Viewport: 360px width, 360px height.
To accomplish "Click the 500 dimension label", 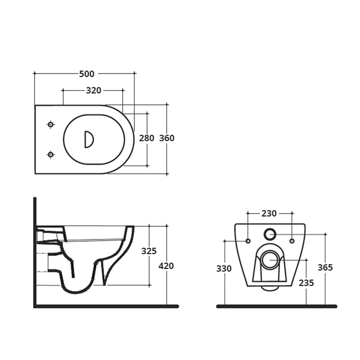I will click(87, 74).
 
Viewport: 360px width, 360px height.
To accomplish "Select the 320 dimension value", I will click(94, 90).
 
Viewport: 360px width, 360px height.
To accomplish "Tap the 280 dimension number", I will click(147, 138).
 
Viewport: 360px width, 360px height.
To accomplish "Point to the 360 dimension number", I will click(167, 138).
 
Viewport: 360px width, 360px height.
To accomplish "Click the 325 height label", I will click(149, 251).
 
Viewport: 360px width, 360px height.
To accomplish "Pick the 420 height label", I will click(166, 266).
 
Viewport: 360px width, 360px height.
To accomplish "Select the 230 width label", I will click(269, 214).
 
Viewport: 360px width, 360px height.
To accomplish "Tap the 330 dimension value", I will click(224, 269).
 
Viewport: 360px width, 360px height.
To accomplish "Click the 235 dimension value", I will click(306, 283).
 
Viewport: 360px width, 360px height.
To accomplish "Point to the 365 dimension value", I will click(325, 267).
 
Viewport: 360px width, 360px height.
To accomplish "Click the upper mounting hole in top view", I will click(50, 125).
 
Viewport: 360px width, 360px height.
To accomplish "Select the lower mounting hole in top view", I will click(50, 155).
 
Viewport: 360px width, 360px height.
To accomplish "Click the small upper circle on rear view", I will click(270, 234).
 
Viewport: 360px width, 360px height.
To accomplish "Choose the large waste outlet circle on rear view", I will click(270, 260).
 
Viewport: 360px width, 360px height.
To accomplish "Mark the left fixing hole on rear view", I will click(247, 241).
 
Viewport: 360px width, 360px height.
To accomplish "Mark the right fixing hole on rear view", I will click(292, 241).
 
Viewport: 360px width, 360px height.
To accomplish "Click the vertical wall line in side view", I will click(35, 252).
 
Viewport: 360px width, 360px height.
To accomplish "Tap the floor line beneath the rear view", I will click(276, 306).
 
